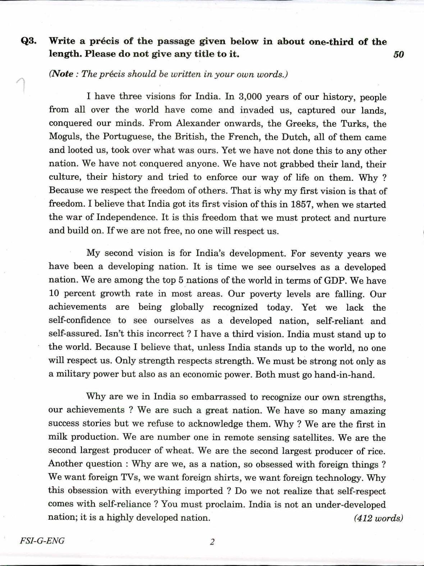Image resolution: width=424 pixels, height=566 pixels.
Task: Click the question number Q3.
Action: [28, 41]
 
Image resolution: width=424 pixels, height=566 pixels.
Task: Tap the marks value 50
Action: [398, 55]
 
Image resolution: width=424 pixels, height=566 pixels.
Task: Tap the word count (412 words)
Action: [378, 518]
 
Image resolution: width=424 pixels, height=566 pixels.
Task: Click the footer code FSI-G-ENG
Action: [42, 541]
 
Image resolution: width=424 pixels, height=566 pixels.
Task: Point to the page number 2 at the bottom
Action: [212, 542]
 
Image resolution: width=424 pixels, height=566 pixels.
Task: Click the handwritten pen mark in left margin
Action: [21, 86]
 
